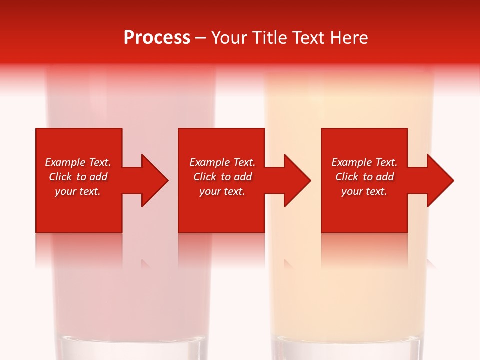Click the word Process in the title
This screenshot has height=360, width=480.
point(157,38)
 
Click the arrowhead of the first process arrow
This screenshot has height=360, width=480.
point(154,180)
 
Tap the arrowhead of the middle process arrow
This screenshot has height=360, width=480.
point(297,180)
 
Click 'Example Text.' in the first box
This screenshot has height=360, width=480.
point(78,162)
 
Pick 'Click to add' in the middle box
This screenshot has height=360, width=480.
point(222,177)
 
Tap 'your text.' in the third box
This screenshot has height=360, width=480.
point(364,191)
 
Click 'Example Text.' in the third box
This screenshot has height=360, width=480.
point(364,162)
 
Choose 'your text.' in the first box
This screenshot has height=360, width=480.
point(78,191)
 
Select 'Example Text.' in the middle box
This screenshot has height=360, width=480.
point(222,162)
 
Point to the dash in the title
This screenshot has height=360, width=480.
point(200,38)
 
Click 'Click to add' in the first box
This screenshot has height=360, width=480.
point(78,177)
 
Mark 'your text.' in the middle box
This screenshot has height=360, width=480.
point(222,191)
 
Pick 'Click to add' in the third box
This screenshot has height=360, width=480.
point(364,177)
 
